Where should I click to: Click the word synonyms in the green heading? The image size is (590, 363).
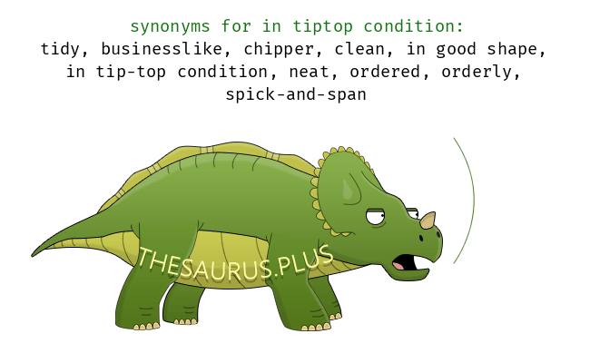click(x=170, y=27)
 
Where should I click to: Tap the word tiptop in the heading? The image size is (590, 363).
click(x=323, y=26)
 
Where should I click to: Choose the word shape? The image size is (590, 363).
click(x=516, y=50)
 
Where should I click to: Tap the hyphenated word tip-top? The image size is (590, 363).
click(x=131, y=73)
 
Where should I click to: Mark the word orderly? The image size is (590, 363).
click(x=481, y=73)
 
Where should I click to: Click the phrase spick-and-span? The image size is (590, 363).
click(x=296, y=94)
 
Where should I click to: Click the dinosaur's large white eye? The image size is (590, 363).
click(x=376, y=217)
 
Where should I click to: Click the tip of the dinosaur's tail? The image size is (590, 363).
click(x=33, y=256)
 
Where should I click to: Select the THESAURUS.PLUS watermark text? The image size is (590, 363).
click(x=236, y=263)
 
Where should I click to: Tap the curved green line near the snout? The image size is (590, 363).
click(x=474, y=200)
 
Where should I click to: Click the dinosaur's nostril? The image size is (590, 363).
click(x=421, y=238)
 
